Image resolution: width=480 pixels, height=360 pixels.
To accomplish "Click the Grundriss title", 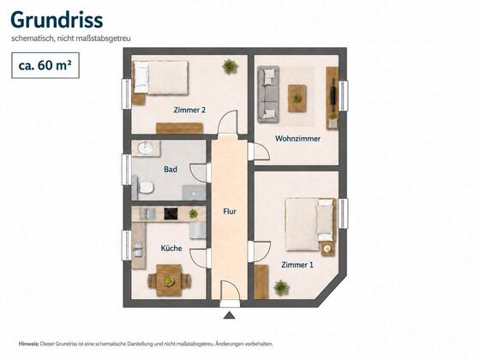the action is tap(57, 21).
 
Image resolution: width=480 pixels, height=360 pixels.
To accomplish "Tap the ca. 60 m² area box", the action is tap(45, 65).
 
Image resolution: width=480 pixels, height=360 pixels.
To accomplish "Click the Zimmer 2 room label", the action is tap(189, 110).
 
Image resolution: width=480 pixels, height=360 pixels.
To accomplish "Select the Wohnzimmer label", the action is tap(297, 138).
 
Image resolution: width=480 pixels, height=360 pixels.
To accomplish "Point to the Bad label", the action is tap(171, 170).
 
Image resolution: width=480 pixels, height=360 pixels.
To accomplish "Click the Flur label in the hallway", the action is tap(230, 212).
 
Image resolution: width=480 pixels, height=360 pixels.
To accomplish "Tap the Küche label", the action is tap(171, 248).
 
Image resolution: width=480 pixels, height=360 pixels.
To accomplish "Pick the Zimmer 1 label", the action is tap(297, 265).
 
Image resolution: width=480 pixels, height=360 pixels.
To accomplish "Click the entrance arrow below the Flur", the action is tap(230, 315).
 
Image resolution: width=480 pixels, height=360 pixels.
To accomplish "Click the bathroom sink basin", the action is tap(146, 148).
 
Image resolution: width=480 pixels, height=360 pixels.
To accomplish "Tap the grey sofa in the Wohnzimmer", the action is tap(268, 94).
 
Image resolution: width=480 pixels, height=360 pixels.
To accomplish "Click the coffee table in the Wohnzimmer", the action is tap(297, 99).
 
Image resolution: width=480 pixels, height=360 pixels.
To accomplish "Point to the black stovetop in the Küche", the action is tap(171, 213).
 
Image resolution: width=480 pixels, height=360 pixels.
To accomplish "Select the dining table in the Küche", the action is tap(169, 280).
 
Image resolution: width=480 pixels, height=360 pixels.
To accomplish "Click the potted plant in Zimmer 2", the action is tap(230, 67).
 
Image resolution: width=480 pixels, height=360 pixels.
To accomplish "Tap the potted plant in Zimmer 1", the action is tap(281, 288).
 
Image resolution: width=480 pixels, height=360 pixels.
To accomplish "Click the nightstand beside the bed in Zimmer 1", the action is tap(327, 249).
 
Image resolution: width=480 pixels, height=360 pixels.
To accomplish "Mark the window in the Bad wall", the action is tap(126, 170).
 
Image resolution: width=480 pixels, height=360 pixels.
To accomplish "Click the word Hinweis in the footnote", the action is tap(29, 344).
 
